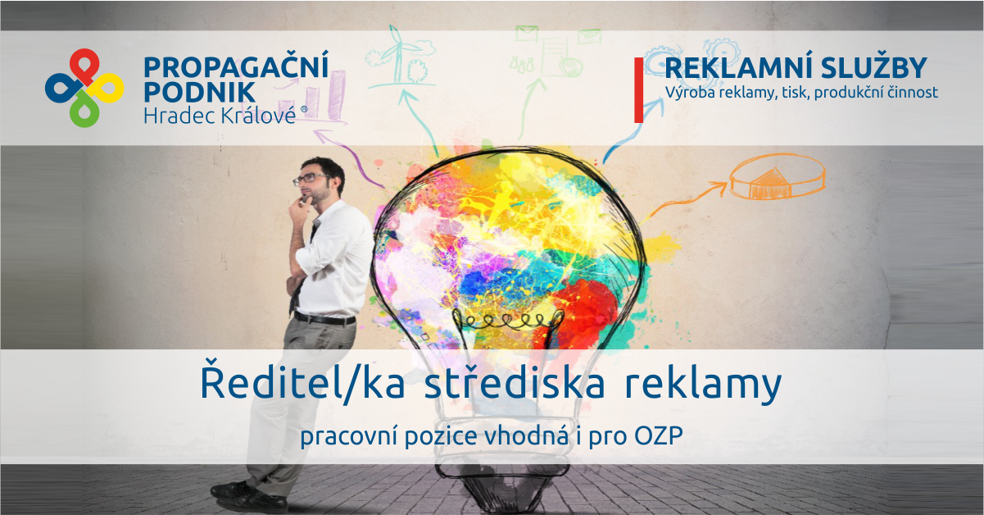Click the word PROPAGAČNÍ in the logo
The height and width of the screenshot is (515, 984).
(x=236, y=67)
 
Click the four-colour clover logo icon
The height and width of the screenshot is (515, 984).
(x=84, y=88)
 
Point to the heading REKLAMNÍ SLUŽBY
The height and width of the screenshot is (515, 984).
(x=796, y=68)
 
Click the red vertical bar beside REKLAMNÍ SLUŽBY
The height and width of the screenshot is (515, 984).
(x=639, y=90)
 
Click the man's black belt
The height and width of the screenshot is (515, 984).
(x=324, y=318)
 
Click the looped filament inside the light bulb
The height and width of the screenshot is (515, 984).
(x=503, y=318)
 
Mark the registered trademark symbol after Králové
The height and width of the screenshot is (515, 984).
(x=305, y=108)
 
